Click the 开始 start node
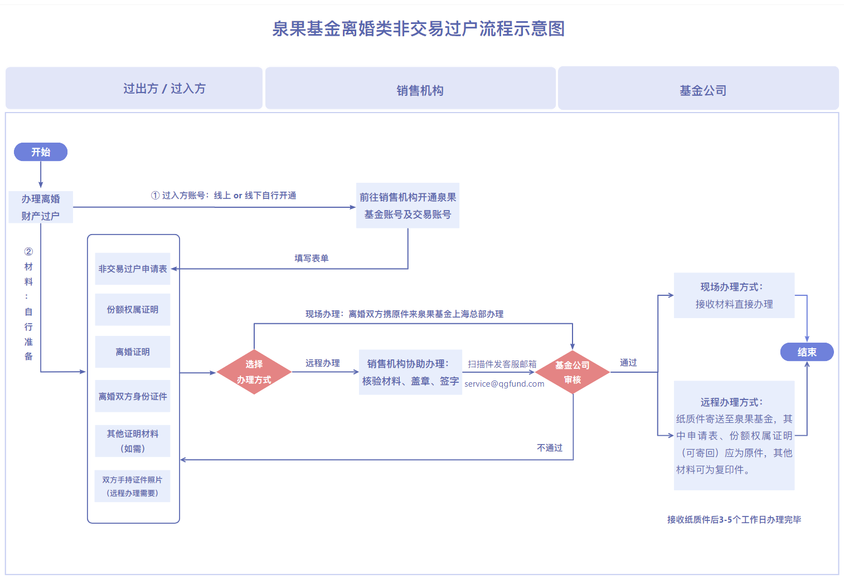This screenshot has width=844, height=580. pos(41,152)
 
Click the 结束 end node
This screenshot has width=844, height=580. pos(807,352)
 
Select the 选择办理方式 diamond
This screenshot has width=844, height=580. pos(254,372)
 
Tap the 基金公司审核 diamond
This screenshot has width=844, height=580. pos(573,372)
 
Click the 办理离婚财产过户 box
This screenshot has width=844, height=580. pos(41,207)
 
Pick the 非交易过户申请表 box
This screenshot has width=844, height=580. pos(133,269)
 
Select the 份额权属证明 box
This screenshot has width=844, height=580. pos(133,310)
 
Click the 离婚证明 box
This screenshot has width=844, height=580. pos(133,352)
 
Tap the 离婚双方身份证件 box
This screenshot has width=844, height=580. pos(133,396)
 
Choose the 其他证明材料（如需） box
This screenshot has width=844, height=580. pos(133,441)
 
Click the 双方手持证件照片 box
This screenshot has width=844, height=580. pos(133,486)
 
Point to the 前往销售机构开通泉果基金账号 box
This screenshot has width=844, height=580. pos(408,206)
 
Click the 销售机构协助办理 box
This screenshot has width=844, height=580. pos(410,372)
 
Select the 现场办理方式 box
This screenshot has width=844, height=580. pos(734,295)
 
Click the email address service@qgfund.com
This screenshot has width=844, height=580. pos(504,384)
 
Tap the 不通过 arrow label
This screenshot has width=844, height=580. pos(549,448)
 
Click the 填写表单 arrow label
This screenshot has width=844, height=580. pos(311,258)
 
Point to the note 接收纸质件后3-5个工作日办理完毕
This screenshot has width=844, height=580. pos(734,520)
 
